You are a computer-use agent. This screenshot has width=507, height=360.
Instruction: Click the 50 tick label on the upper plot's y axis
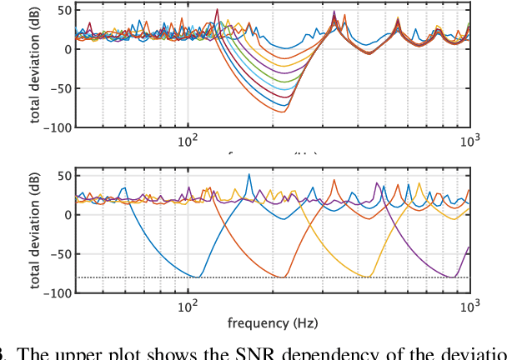point(62,9)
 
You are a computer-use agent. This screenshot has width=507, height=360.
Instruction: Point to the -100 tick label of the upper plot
point(56,127)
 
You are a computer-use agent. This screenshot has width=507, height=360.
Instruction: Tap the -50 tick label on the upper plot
point(59,88)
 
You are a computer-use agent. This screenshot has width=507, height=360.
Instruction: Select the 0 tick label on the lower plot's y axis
point(67,214)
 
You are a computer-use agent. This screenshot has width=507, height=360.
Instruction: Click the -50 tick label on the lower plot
point(59,254)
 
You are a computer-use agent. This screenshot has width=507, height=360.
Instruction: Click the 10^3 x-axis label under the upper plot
point(469,141)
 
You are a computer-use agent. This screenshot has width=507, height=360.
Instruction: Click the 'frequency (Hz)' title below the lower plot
point(273,322)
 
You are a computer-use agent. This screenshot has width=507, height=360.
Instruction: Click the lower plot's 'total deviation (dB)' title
point(36,232)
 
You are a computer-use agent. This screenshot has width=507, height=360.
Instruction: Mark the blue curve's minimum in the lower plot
point(198,277)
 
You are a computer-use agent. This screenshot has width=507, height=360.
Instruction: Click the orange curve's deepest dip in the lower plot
point(284,277)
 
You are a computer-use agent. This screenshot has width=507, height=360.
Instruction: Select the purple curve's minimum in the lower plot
point(454,277)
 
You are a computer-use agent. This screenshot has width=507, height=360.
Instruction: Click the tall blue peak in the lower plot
point(248,174)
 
